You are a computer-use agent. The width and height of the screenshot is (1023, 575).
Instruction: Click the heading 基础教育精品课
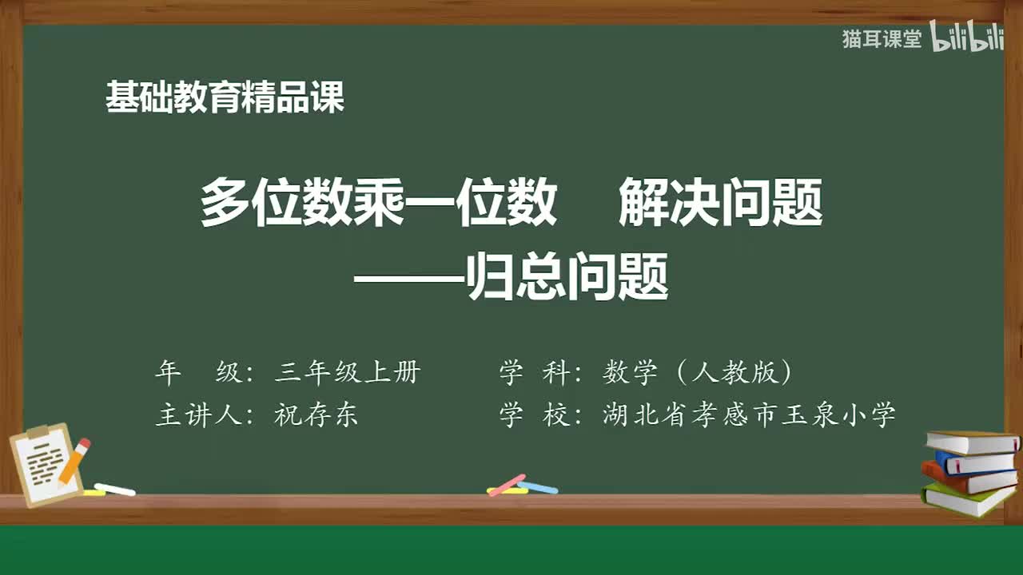click(x=225, y=97)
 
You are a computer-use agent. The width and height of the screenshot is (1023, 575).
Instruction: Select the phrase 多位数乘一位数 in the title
click(x=378, y=203)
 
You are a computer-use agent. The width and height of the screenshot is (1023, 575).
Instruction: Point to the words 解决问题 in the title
click(x=720, y=203)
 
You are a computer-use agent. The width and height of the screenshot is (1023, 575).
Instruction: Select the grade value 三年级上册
click(x=347, y=372)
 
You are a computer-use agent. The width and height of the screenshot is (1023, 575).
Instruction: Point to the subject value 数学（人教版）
click(x=698, y=372)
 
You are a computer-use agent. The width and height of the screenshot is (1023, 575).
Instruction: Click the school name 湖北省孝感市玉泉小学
click(x=749, y=415)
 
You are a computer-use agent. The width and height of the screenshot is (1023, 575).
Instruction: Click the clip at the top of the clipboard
click(x=38, y=432)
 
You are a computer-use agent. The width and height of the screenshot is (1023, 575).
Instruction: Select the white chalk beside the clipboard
click(x=114, y=489)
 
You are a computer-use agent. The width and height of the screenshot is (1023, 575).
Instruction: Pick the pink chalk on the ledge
click(x=506, y=485)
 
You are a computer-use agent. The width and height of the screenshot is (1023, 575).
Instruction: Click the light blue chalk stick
click(x=538, y=487)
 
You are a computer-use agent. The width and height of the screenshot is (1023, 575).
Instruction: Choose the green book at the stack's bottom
click(x=967, y=500)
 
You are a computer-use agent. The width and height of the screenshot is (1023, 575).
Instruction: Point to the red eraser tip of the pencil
click(x=84, y=443)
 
